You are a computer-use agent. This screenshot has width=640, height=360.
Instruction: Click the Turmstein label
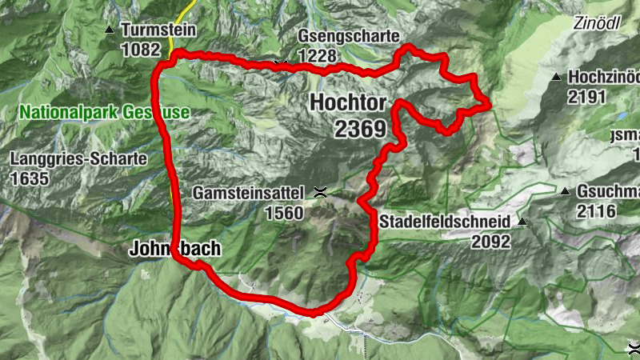pyautogui.click(x=158, y=30)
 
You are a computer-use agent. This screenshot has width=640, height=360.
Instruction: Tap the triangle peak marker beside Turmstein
pyautogui.click(x=110, y=30)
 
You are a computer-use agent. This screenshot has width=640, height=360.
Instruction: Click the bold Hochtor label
pyautogui.click(x=348, y=103)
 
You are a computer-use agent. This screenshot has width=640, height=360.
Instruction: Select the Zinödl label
pyautogui.click(x=597, y=22)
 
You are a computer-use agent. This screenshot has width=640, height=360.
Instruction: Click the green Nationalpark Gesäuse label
pyautogui.click(x=105, y=113)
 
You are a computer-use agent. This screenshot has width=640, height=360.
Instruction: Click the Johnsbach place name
pyautogui.click(x=174, y=250)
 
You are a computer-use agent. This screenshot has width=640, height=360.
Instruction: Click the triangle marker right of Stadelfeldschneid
pyautogui.click(x=522, y=221)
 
